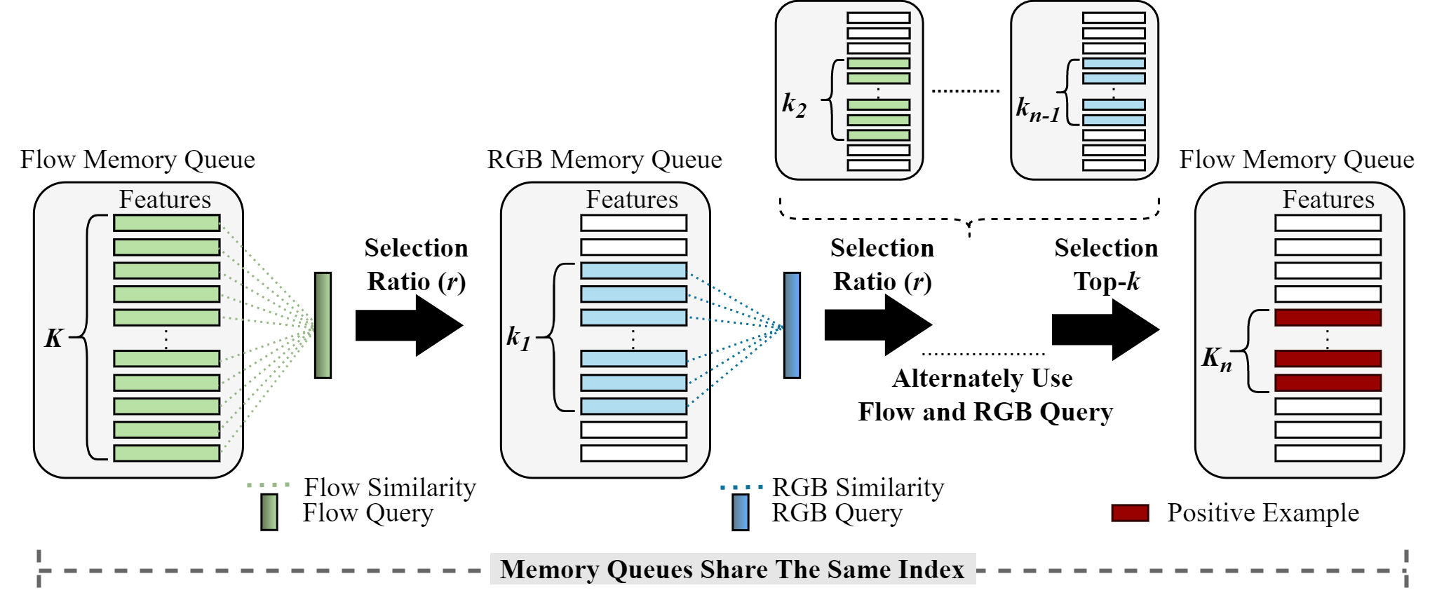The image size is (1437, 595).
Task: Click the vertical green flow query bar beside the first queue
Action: (x=323, y=325)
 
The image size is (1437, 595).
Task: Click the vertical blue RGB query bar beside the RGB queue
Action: (x=792, y=325)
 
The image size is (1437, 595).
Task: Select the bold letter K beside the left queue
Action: (x=54, y=338)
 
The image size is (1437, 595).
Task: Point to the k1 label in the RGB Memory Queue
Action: (x=518, y=338)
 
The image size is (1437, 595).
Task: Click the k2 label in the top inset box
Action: (x=794, y=104)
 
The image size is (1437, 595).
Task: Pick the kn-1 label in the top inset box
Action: (x=1038, y=109)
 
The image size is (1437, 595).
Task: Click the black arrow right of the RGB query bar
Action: (x=877, y=325)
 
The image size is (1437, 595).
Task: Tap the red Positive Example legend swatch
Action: (x=1130, y=513)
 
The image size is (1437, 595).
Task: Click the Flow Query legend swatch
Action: (x=269, y=512)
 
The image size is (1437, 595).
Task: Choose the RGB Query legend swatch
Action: (x=740, y=512)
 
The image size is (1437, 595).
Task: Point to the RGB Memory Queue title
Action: (x=605, y=160)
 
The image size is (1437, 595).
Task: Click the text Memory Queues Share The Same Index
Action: (x=732, y=569)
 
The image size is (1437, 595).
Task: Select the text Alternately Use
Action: (x=982, y=378)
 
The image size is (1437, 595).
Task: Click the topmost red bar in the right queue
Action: (x=1328, y=317)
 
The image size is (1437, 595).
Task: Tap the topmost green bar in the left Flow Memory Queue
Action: (x=167, y=223)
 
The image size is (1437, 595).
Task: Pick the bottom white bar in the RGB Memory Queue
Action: (x=633, y=453)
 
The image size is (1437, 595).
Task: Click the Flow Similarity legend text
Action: (x=390, y=487)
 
